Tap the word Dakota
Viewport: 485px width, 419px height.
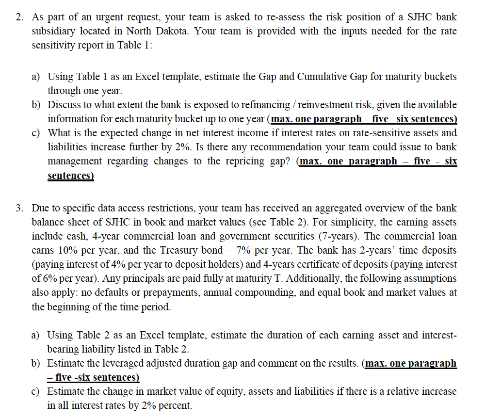coord(190,32)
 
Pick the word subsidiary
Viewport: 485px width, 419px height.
coord(55,32)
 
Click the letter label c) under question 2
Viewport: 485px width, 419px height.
coord(36,133)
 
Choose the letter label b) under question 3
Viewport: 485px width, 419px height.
coord(36,364)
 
